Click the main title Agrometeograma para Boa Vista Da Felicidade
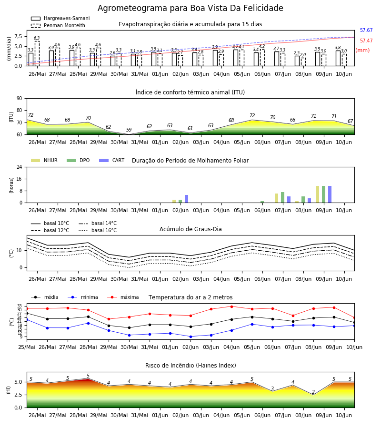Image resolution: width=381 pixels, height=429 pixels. tap(190, 8)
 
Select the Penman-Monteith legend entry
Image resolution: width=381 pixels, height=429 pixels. tap(58, 25)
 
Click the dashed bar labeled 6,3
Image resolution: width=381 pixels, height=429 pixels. tap(37, 53)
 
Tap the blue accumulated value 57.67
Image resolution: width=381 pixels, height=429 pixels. tap(366, 31)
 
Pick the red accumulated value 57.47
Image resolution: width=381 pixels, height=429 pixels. tap(366, 41)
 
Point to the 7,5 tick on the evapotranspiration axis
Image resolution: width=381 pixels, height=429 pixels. tap(18, 36)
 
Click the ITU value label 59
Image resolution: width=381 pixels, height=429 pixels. tap(129, 130)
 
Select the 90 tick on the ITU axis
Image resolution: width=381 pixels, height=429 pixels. tap(20, 99)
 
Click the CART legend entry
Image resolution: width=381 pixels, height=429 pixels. tap(112, 160)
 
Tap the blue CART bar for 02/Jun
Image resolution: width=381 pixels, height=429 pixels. tap(186, 199)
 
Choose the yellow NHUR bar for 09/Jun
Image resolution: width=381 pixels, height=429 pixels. tap(317, 194)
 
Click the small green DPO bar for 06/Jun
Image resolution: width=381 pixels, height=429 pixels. tap(262, 202)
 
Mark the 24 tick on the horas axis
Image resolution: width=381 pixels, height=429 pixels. tap(20, 167)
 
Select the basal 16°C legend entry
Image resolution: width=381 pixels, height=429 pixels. tap(98, 230)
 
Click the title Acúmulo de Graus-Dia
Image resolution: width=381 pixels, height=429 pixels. tap(190, 229)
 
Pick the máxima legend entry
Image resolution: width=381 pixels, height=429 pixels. tap(123, 297)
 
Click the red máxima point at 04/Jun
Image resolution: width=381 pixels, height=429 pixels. tap(232, 306)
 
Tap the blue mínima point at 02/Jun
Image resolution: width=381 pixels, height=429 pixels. tap(191, 337)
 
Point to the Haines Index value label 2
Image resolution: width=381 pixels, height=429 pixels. tap(313, 392)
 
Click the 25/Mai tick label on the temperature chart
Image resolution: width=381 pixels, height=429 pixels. tap(27, 347)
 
